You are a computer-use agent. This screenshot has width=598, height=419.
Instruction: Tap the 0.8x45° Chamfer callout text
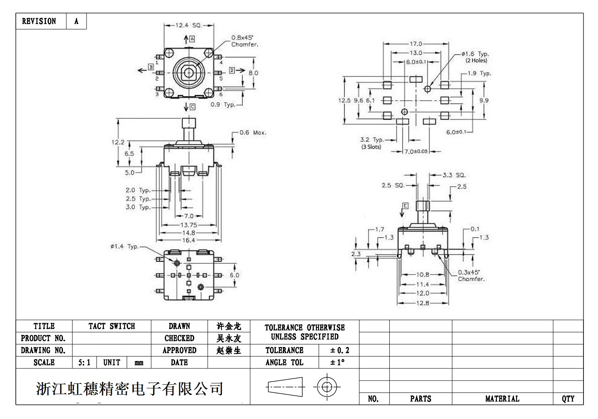[244, 41]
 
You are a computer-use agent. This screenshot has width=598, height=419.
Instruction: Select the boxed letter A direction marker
[192, 39]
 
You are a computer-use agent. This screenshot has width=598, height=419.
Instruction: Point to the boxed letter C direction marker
[192, 107]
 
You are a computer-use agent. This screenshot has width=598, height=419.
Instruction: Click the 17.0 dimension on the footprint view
[416, 43]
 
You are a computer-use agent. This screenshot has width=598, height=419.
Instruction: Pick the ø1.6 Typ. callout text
[475, 57]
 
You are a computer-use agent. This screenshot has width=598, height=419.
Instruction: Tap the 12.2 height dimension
[118, 142]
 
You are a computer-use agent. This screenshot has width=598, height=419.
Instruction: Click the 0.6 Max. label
[253, 132]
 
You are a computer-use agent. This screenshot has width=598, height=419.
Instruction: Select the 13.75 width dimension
[188, 225]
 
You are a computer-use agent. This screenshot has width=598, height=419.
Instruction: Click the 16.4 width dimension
[188, 240]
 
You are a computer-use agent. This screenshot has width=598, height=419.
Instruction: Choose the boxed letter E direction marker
[405, 206]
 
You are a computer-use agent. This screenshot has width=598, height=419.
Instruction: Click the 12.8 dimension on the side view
[422, 303]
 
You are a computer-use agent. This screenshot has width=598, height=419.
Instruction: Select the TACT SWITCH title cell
[111, 326]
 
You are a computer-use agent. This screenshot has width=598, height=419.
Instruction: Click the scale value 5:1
[84, 363]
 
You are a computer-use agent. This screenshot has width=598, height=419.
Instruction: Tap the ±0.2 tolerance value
[340, 351]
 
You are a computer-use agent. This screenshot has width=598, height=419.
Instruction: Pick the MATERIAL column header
[502, 399]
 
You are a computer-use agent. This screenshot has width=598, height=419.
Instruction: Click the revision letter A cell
[76, 21]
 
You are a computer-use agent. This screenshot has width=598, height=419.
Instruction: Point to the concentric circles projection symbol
[327, 387]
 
